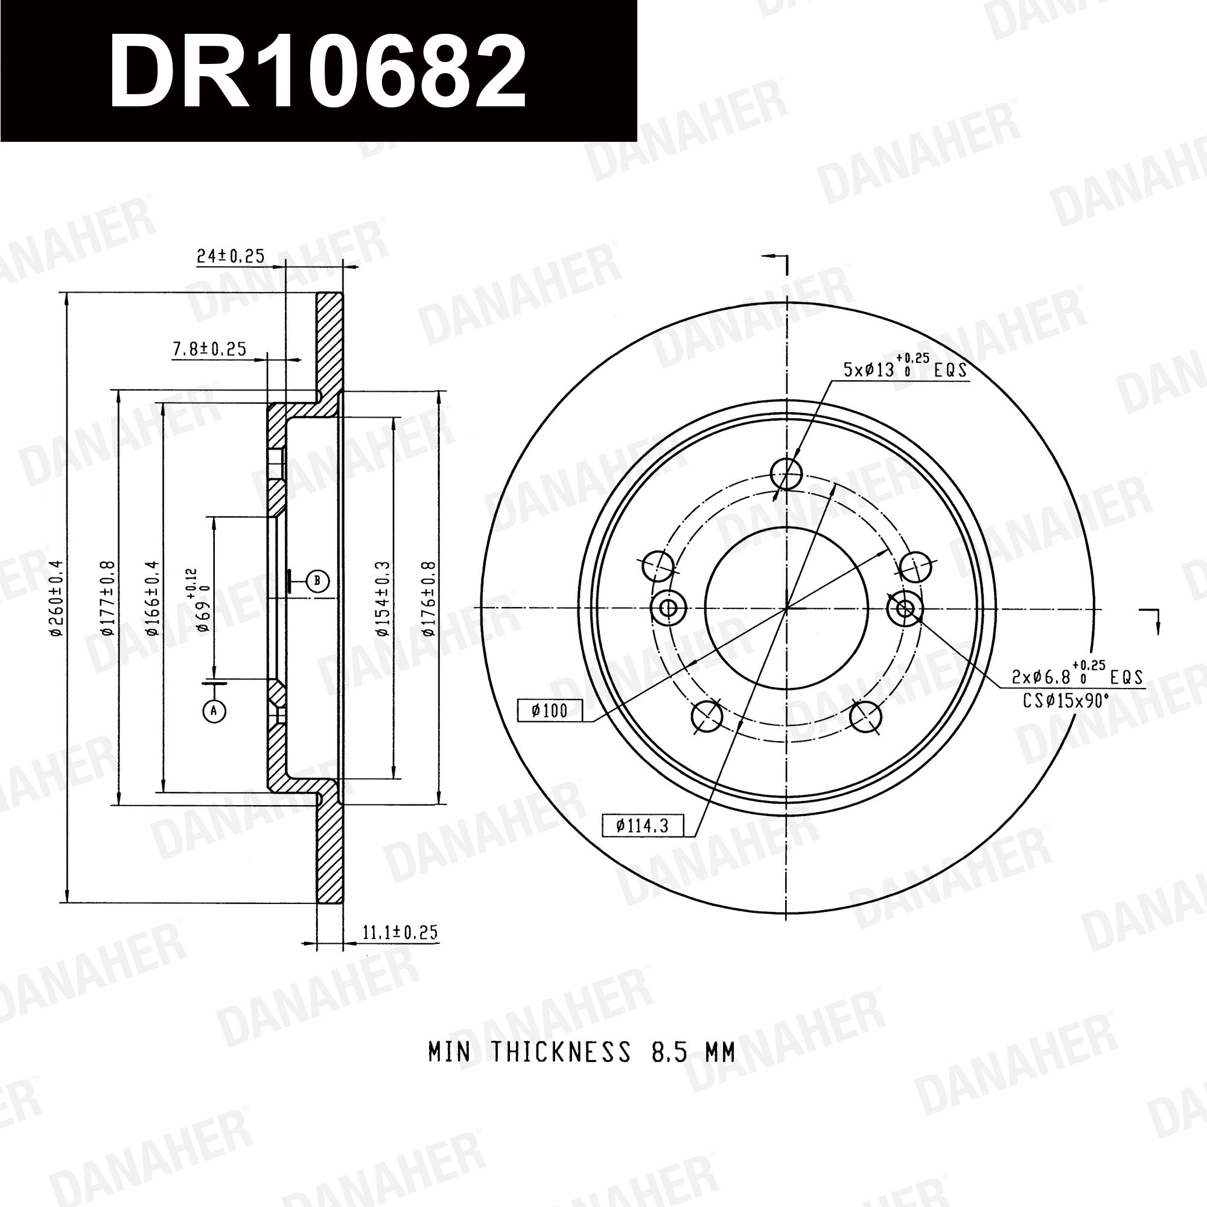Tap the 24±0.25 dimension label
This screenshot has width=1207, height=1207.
[x=231, y=255]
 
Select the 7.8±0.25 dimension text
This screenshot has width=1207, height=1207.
[x=209, y=349]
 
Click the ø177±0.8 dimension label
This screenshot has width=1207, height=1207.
[x=107, y=598]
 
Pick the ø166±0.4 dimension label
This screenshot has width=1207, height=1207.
[x=153, y=598]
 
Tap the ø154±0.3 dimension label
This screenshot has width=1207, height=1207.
[x=383, y=598]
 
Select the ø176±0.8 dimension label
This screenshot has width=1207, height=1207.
[x=428, y=598]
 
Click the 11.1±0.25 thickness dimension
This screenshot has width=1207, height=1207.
[x=401, y=932]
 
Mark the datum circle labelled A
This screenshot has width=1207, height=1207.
[x=214, y=710]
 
